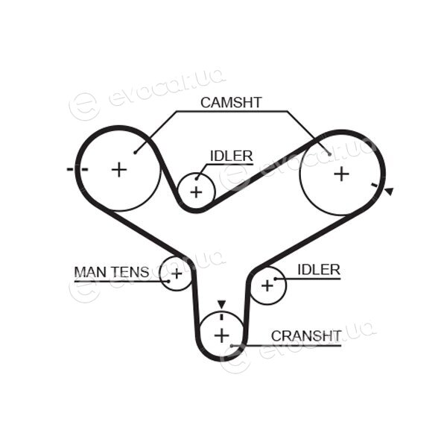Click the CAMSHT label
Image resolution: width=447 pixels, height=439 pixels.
coord(231,103)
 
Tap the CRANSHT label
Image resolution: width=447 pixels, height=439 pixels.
coord(306,336)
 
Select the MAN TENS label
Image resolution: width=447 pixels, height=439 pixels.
coord(112,272)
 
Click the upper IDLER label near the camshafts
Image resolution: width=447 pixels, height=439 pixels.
coord(231,156)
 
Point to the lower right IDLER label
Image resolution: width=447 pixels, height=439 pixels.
coord(319,270)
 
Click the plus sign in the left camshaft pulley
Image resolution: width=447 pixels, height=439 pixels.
coord(119,170)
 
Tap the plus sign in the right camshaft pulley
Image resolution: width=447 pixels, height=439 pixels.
coord(341,174)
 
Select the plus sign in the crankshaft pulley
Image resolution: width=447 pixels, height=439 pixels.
coord(221,335)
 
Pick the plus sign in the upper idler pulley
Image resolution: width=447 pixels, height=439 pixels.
coord(196,192)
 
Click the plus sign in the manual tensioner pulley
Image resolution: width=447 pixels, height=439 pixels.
coord(177,274)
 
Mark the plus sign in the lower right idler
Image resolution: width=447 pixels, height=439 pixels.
coord(267,285)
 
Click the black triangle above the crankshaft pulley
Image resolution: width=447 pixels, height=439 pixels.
coord(221,304)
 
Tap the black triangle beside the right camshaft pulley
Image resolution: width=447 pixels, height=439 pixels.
coord(390,192)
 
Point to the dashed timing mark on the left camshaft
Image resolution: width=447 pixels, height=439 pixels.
coord(77,169)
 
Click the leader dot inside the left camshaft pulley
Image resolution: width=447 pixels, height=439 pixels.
coord(135,153)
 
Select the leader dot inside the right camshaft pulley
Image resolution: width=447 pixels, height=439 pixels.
coord(329,154)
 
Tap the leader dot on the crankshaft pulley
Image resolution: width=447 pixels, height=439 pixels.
coord(232,346)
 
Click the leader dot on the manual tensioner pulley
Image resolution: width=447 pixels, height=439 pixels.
coord(168,281)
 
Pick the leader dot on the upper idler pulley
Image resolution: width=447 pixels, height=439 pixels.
coord(197,179)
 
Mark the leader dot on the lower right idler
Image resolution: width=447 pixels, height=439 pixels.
coord(276,279)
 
